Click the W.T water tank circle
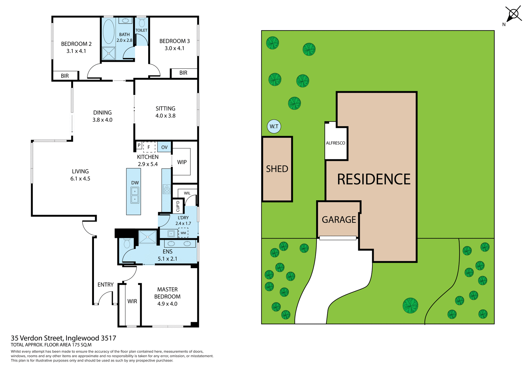(274, 126)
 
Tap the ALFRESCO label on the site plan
(335, 143)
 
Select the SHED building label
(277, 169)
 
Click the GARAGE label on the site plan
(339, 219)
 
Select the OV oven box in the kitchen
(164, 147)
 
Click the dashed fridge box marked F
(149, 147)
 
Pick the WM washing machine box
(183, 233)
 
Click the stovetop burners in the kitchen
(167, 189)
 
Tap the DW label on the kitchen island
(135, 183)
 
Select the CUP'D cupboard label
(178, 206)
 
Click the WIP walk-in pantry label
(182, 162)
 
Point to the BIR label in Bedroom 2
(65, 76)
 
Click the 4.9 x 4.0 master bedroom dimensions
(167, 304)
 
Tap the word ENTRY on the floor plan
(105, 285)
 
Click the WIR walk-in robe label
(132, 301)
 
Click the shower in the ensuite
(147, 237)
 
